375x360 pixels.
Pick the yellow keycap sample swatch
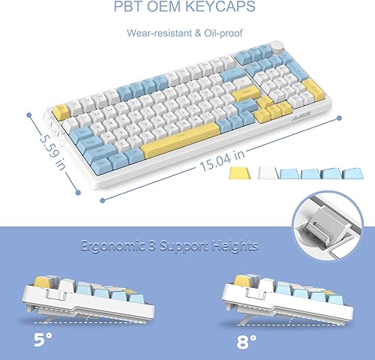pyautogui.click(x=238, y=172)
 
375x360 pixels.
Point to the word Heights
pyautogui.click(x=234, y=245)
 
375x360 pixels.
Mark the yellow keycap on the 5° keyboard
pyautogui.click(x=34, y=283)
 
